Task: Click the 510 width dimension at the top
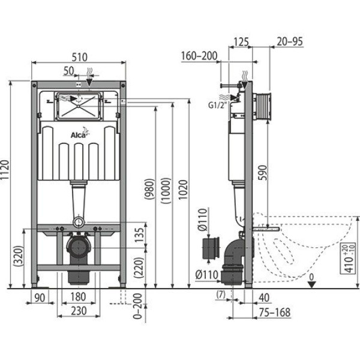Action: [x=79, y=57]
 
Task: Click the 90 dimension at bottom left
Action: [x=41, y=298]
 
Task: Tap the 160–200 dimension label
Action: [x=197, y=56]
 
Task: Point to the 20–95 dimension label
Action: [x=290, y=42]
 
